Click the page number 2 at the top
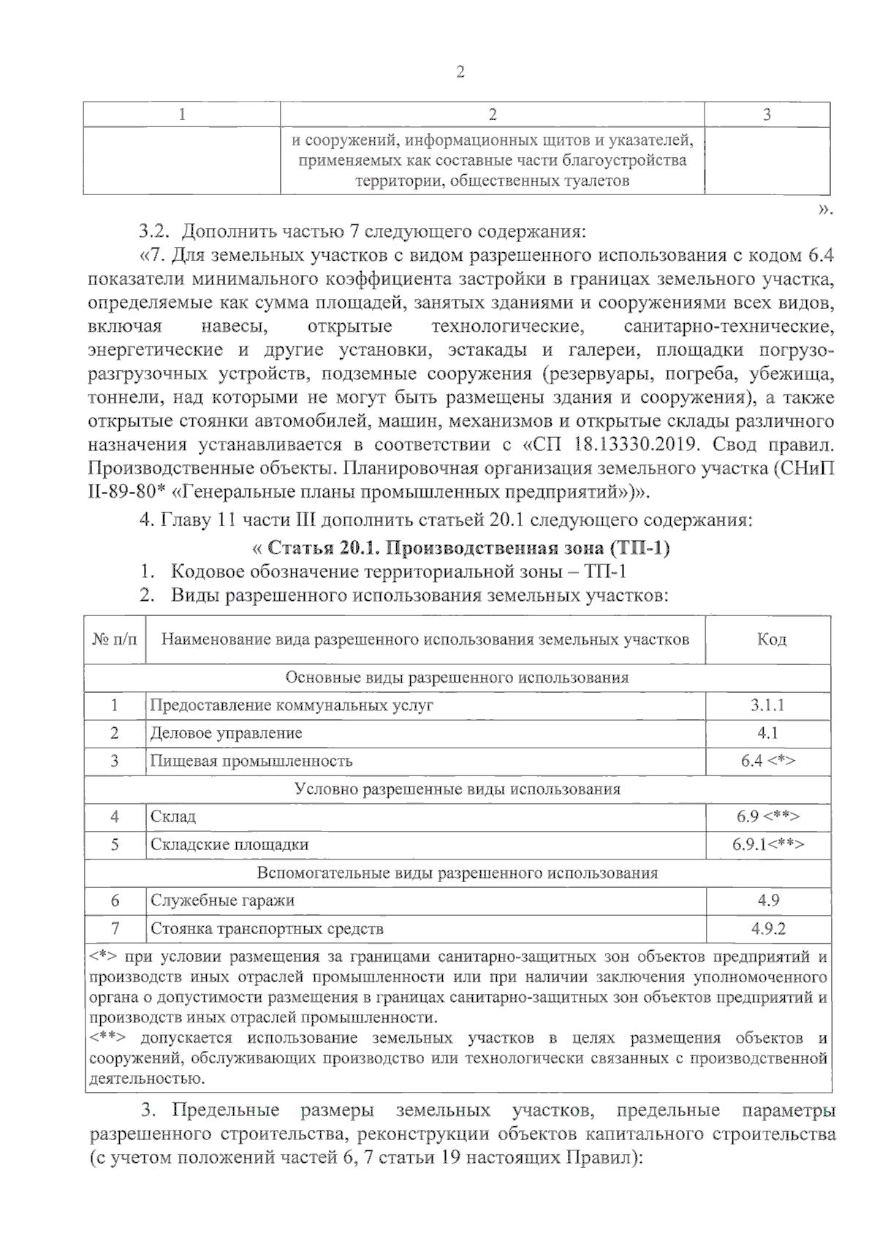460,72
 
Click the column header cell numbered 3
766,115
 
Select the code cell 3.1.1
767,705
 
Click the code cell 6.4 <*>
767,761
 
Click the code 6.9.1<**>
767,844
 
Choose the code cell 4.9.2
767,929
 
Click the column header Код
771,640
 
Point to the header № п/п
115,640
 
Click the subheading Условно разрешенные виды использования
457,789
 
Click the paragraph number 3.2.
154,232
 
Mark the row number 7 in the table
115,929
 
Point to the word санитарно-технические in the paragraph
728,326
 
